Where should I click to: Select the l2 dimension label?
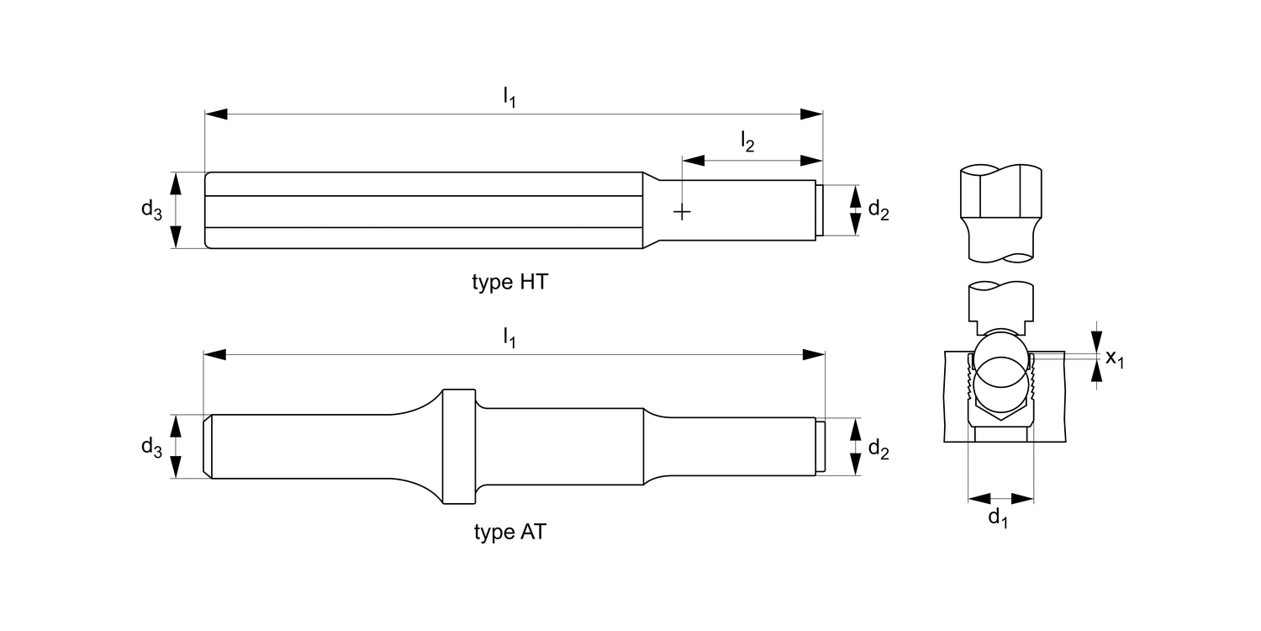pos(747,141)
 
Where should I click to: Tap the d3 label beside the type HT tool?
pos(151,210)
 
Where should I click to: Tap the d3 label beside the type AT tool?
pos(151,447)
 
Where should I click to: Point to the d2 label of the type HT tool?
pos(878,210)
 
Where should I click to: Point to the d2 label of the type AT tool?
pos(878,450)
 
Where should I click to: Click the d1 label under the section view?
pos(998,517)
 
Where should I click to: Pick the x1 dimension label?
pos(1115,358)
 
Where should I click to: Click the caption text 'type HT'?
pos(509,283)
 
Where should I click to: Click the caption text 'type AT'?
pos(509,533)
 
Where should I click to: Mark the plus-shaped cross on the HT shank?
pos(683,212)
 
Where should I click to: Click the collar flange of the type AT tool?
pos(459,447)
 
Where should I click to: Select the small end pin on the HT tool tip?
pos(820,210)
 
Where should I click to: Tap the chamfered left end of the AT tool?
pos(208,447)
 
